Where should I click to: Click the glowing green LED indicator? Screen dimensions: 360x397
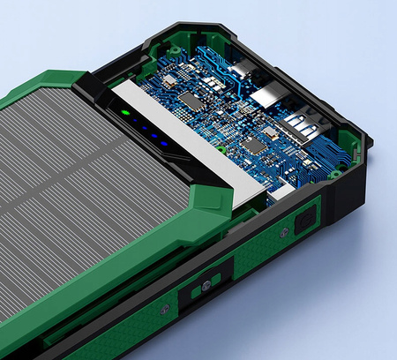[126, 113]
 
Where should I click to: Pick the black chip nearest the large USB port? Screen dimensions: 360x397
[254, 145]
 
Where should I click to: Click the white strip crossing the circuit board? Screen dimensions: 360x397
[194, 137]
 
